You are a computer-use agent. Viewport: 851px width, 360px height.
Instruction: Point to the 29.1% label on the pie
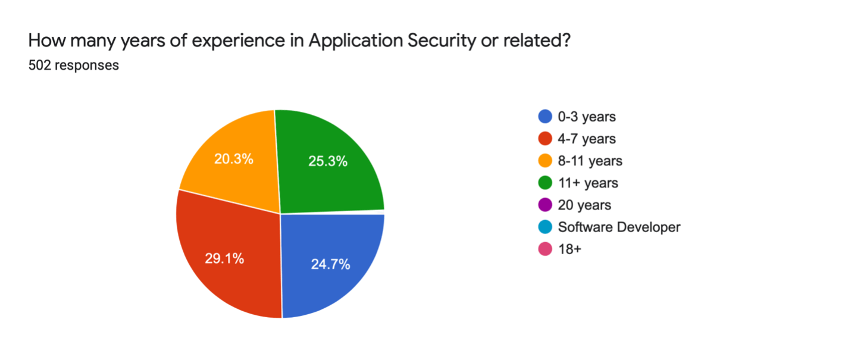(224, 259)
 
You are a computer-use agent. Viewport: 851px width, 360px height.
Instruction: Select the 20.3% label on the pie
(234, 159)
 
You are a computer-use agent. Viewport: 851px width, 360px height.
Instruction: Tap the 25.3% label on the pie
(328, 161)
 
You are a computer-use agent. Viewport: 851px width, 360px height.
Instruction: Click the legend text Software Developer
(619, 227)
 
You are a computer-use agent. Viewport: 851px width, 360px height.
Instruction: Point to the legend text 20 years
(584, 205)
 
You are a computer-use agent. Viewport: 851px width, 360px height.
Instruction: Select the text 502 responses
(73, 65)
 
